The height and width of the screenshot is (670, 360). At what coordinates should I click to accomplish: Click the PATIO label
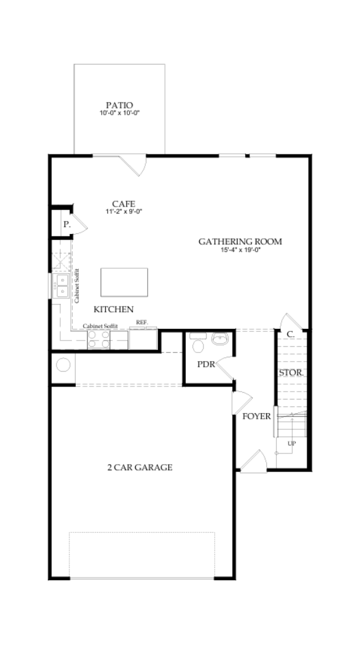(x=119, y=105)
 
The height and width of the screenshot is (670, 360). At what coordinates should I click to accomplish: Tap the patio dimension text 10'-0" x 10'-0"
(x=119, y=114)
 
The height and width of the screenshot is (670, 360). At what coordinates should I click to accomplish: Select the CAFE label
(x=124, y=203)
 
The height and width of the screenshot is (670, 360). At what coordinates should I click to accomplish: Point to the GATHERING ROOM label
(x=240, y=241)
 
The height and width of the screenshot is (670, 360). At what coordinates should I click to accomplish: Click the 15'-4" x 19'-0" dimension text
(x=240, y=250)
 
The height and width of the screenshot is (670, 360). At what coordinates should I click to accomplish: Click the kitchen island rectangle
(x=124, y=283)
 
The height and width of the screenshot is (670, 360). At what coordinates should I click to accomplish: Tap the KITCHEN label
(x=114, y=309)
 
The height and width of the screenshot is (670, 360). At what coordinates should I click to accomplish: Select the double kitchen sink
(x=62, y=286)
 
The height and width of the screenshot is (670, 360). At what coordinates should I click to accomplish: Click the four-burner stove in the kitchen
(x=99, y=339)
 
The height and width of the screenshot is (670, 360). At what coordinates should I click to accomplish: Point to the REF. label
(x=142, y=323)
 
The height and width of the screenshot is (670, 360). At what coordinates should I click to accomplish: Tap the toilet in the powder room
(x=197, y=344)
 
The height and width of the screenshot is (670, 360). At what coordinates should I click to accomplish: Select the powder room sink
(x=220, y=339)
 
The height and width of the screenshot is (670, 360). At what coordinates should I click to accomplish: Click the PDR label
(x=205, y=364)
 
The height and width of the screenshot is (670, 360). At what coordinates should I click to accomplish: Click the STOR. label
(x=290, y=373)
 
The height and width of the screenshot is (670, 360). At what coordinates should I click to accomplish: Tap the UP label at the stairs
(x=291, y=444)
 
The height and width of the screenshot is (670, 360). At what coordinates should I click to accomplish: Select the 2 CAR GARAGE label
(x=139, y=467)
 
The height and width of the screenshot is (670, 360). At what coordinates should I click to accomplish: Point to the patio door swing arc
(x=138, y=164)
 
